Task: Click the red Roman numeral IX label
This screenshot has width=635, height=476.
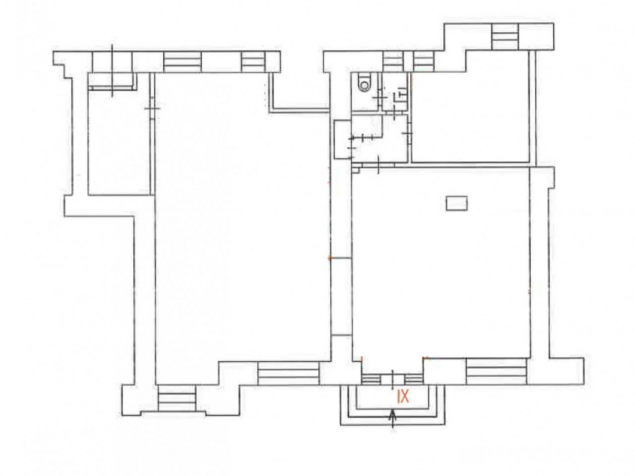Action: pos(403,396)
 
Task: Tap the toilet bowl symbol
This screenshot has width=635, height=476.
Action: pos(365,84)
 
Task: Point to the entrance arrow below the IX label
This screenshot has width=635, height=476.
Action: pos(392,421)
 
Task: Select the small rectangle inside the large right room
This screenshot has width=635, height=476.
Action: pos(457,203)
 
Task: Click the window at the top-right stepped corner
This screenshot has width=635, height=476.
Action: pos(505,36)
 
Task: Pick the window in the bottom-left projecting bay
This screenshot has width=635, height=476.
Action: pos(177,399)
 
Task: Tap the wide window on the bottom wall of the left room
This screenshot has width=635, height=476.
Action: pos(289,373)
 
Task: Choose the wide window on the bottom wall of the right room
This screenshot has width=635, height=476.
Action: pos(497,371)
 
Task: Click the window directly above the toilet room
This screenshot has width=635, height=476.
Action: pos(393,62)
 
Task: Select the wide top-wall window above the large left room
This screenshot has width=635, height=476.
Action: pos(183,62)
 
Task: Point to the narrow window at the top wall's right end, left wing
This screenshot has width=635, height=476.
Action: pos(253,62)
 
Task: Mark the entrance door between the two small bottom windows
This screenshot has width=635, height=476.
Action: pos(392,379)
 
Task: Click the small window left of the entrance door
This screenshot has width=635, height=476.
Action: pos(371,380)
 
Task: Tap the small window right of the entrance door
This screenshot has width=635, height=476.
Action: pos(414,380)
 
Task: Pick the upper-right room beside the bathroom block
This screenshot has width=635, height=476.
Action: pos(470,117)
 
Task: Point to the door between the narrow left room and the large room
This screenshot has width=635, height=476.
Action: pos(152,109)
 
